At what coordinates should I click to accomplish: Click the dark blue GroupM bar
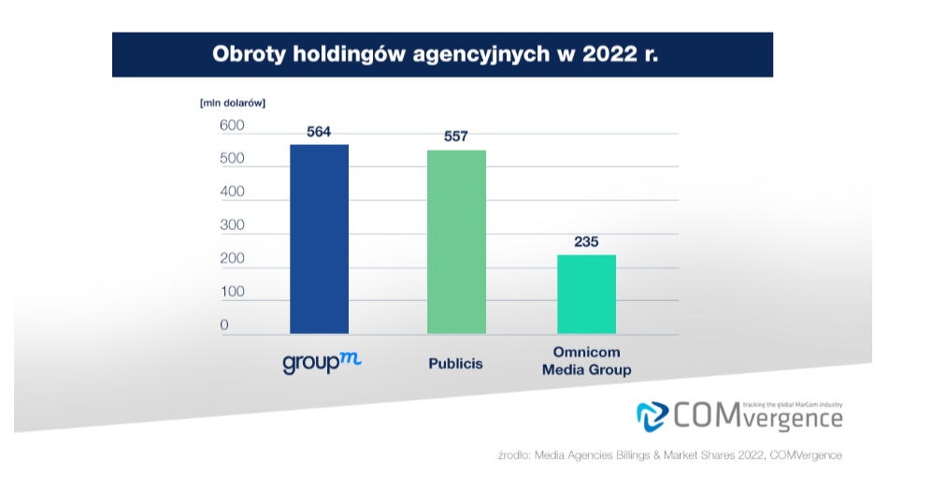319,238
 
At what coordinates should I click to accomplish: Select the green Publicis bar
456,241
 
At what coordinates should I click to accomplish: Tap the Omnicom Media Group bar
586,294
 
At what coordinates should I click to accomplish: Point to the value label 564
319,132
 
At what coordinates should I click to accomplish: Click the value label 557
456,137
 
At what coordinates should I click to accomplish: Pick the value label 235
586,241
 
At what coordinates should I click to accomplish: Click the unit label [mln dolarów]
232,103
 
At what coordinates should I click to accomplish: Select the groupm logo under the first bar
321,363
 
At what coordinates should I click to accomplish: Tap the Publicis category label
456,363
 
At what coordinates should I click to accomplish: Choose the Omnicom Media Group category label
586,362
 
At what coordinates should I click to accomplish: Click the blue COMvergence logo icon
652,414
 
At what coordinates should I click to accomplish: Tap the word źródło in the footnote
513,455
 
